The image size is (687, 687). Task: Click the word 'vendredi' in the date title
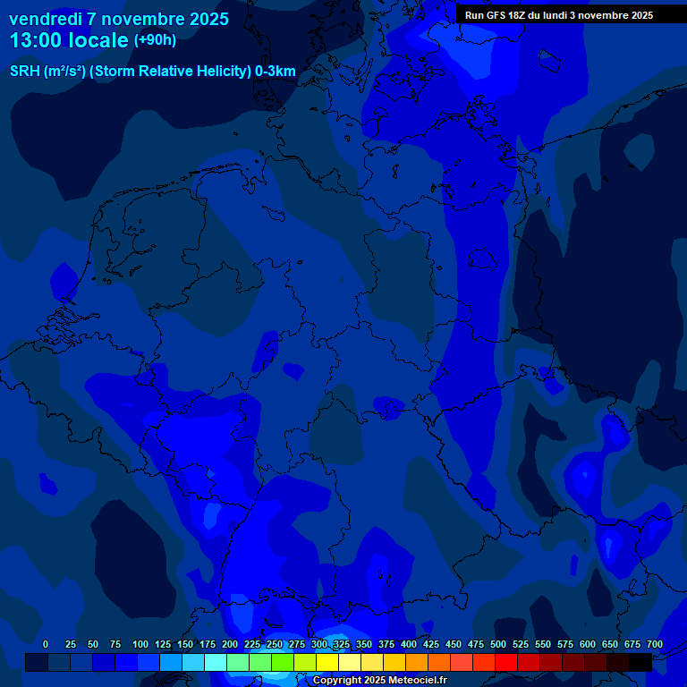(x=46, y=19)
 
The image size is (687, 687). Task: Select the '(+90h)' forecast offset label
(x=154, y=40)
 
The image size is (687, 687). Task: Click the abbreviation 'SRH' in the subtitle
(x=25, y=72)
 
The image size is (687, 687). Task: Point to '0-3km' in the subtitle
(x=275, y=72)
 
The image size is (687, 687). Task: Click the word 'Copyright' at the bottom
(x=336, y=681)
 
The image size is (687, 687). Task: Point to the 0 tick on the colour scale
(x=46, y=644)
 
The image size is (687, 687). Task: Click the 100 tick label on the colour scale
(x=140, y=644)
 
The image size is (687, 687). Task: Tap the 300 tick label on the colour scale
(x=319, y=644)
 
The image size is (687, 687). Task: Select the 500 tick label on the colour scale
(x=498, y=644)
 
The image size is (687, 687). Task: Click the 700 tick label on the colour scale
(x=655, y=644)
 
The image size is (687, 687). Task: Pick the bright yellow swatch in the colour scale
(x=327, y=662)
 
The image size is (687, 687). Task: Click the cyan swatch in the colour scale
(x=216, y=662)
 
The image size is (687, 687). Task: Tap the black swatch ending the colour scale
(x=640, y=662)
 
